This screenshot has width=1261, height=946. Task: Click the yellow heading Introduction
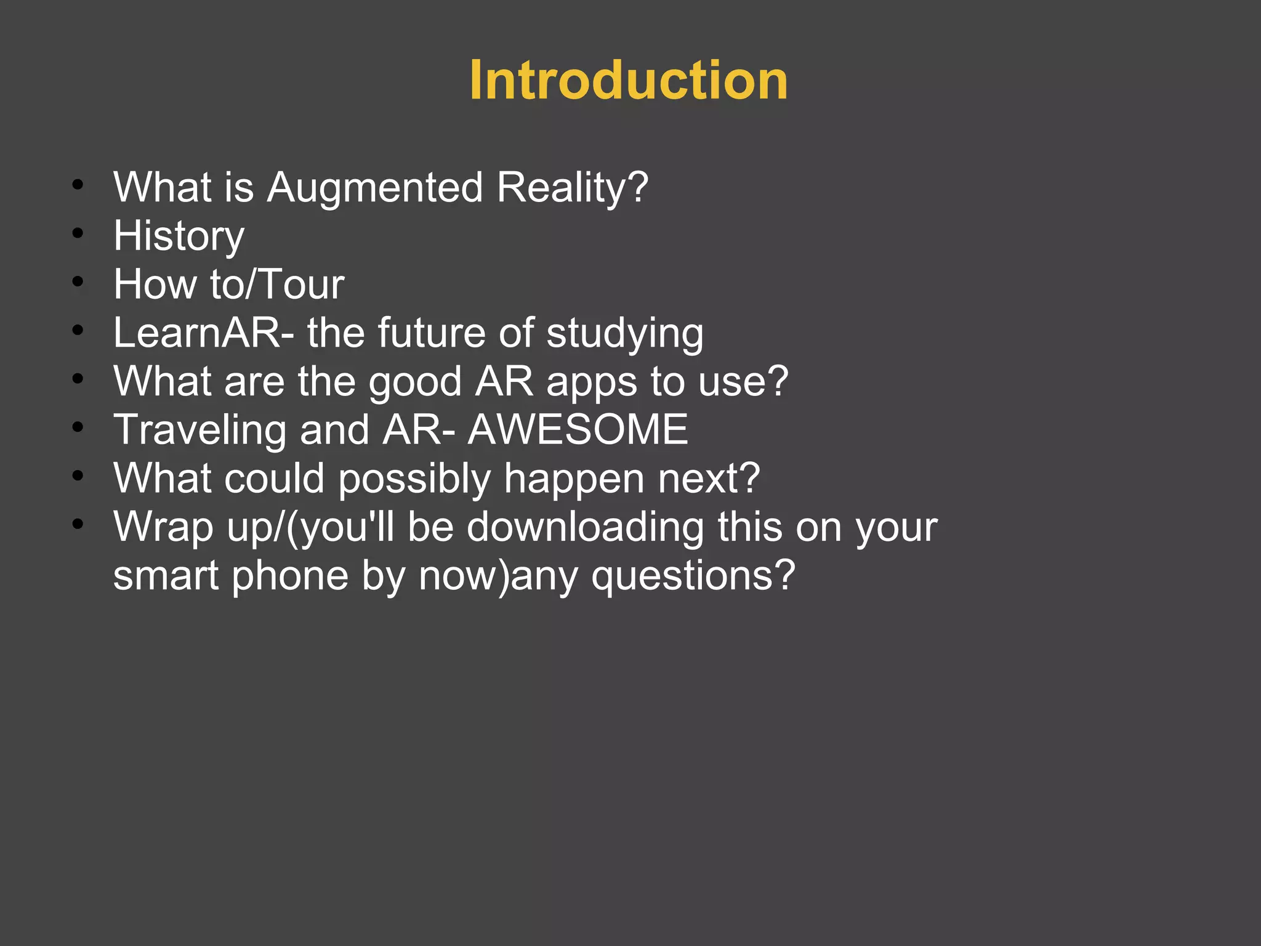pos(628,80)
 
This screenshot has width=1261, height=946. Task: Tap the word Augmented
pos(374,187)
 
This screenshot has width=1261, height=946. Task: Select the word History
pos(179,236)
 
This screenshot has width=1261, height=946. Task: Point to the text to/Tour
pos(276,285)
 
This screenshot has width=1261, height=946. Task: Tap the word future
pos(431,333)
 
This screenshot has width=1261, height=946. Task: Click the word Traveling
pos(199,431)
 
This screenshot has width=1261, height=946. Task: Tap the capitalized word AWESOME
pos(578,430)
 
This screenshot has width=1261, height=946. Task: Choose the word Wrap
pos(163,528)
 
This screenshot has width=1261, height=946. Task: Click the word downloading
pos(585,527)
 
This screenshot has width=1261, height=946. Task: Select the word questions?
pos(693,576)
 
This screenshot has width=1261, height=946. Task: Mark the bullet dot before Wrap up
pos(77,525)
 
